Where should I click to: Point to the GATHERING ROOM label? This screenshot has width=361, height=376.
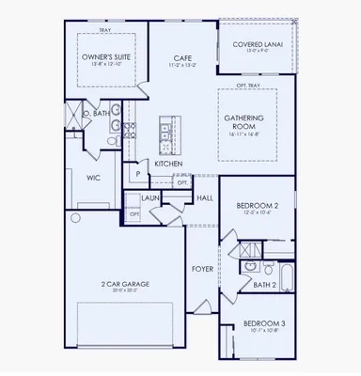pyautogui.click(x=249, y=123)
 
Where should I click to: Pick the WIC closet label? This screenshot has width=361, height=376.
pyautogui.click(x=94, y=175)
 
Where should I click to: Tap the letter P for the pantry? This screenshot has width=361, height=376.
pyautogui.click(x=137, y=174)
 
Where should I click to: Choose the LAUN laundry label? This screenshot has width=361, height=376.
pyautogui.click(x=149, y=198)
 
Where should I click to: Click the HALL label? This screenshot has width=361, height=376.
pyautogui.click(x=204, y=198)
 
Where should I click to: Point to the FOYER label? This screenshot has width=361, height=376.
pyautogui.click(x=202, y=269)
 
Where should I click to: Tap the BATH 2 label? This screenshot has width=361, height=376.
pyautogui.click(x=264, y=284)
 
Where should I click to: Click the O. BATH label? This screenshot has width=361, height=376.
pyautogui.click(x=96, y=114)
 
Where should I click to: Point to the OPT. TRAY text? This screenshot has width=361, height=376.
pyautogui.click(x=251, y=86)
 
